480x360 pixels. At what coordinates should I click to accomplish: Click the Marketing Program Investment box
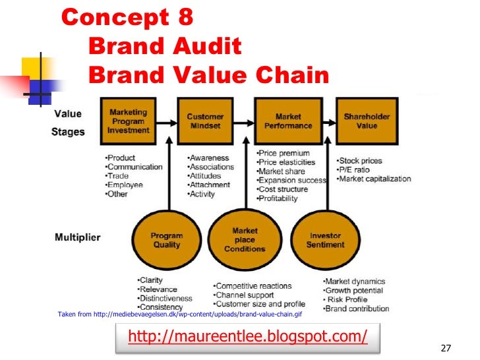pyautogui.click(x=128, y=121)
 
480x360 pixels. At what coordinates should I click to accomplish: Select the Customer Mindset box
pyautogui.click(x=205, y=121)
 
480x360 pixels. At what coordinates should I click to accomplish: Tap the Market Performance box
pyautogui.click(x=288, y=121)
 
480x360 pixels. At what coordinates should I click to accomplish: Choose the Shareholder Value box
pyautogui.click(x=367, y=121)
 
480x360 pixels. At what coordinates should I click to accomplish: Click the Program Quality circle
pyautogui.click(x=166, y=240)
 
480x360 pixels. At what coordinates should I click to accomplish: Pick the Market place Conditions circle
pyautogui.click(x=245, y=240)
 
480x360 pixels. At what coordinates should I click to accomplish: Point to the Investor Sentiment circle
pyautogui.click(x=325, y=240)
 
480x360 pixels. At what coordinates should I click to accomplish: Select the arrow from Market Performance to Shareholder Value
pyautogui.click(x=328, y=122)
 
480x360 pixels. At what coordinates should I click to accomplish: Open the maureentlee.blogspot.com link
pyautogui.click(x=247, y=336)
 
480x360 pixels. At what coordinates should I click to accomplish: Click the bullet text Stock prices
pyautogui.click(x=360, y=161)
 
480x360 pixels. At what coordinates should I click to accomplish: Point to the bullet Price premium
pyautogui.click(x=284, y=153)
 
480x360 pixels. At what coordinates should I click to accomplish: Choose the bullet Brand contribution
pyautogui.click(x=356, y=309)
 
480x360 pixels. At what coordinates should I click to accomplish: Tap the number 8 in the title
pyautogui.click(x=185, y=18)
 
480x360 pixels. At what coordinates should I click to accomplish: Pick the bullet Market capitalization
pyautogui.click(x=374, y=179)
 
